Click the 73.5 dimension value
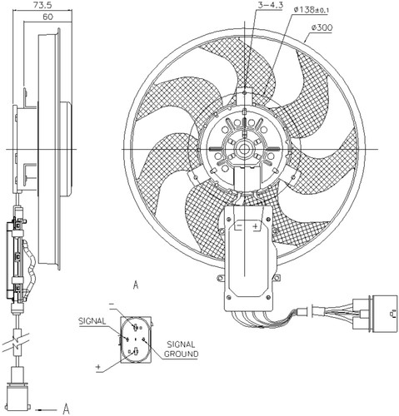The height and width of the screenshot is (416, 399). click(x=42, y=5)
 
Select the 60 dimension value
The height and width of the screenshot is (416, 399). click(x=47, y=17)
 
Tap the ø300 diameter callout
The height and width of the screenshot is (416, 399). click(x=322, y=27)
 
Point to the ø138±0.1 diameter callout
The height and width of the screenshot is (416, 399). click(x=311, y=10)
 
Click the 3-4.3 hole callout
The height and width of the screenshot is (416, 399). click(x=270, y=5)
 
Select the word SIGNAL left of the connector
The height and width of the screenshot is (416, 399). click(x=92, y=321)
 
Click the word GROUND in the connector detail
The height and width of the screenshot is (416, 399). click(x=181, y=354)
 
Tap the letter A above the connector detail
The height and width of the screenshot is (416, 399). click(x=136, y=285)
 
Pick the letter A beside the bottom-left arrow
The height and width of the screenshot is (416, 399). click(x=66, y=409)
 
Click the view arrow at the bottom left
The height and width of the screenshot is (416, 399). click(x=46, y=409)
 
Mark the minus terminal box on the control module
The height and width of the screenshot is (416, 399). click(x=239, y=225)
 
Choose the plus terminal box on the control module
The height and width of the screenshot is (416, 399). click(x=256, y=225)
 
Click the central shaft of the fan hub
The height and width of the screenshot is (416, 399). click(x=244, y=149)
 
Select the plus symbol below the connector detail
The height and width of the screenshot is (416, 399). click(x=98, y=367)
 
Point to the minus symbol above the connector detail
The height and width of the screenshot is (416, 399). click(x=112, y=305)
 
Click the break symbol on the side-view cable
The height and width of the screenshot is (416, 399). click(x=17, y=343)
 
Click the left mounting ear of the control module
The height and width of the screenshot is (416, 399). click(x=221, y=278)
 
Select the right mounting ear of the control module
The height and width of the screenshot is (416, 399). click(x=277, y=278)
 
